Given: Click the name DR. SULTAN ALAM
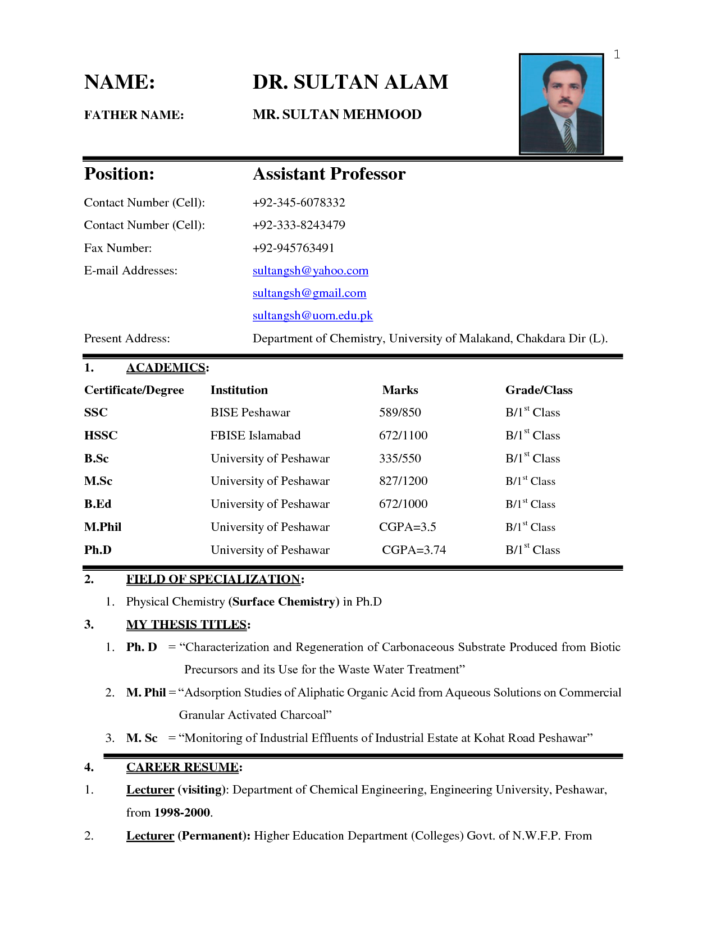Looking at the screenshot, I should tap(350, 82).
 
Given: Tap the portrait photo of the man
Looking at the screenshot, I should tap(561, 104).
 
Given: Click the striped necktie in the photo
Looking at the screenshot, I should tap(569, 135).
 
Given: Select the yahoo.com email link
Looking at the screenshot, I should tap(311, 271).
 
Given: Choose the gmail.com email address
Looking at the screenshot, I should tap(309, 293).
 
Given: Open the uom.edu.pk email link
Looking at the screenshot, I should tap(313, 315).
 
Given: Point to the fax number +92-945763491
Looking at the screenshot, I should tap(293, 248).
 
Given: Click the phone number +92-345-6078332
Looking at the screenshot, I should tap(299, 203).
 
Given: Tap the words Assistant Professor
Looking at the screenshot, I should tap(329, 174).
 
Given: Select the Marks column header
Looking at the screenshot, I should tap(400, 390).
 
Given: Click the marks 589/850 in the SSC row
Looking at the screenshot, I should tap(400, 412).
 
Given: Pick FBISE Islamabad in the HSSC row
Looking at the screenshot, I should tap(256, 436).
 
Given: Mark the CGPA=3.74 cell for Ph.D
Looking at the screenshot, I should tap(414, 550).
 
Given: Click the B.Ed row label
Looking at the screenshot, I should tap(98, 504).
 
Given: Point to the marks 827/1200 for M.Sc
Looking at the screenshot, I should tap(403, 481).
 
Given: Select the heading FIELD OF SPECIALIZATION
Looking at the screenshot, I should tap(213, 579).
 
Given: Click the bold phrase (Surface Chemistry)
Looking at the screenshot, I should tap(284, 602).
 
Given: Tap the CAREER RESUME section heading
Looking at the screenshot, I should tap(183, 767).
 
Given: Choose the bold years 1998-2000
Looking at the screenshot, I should tap(183, 813).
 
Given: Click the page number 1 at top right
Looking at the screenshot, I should tap(617, 54).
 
